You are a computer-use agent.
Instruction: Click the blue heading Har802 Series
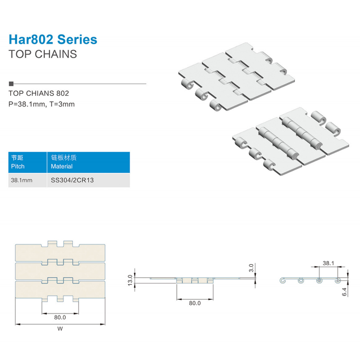(53, 40)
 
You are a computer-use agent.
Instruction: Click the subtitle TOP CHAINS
(43, 54)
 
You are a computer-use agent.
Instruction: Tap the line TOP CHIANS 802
(39, 93)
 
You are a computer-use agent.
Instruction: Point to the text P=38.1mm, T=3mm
(41, 104)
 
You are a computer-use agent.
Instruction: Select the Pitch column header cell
(27, 162)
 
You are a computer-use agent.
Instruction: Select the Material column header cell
(88, 162)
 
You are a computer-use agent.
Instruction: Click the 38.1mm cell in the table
(27, 180)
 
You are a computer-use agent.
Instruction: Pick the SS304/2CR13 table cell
(88, 180)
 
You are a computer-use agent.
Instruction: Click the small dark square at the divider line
(11, 84)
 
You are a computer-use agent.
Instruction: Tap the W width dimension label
(60, 328)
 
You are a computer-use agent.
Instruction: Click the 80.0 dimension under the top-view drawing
(60, 317)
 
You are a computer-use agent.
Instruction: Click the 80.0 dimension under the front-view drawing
(195, 303)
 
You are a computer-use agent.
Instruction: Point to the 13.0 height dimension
(130, 280)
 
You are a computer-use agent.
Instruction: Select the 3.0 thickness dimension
(251, 268)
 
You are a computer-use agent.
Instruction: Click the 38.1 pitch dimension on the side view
(328, 263)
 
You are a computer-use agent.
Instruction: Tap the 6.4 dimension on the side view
(344, 292)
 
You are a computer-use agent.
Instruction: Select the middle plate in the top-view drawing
(60, 271)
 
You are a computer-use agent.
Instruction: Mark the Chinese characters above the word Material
(63, 157)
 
